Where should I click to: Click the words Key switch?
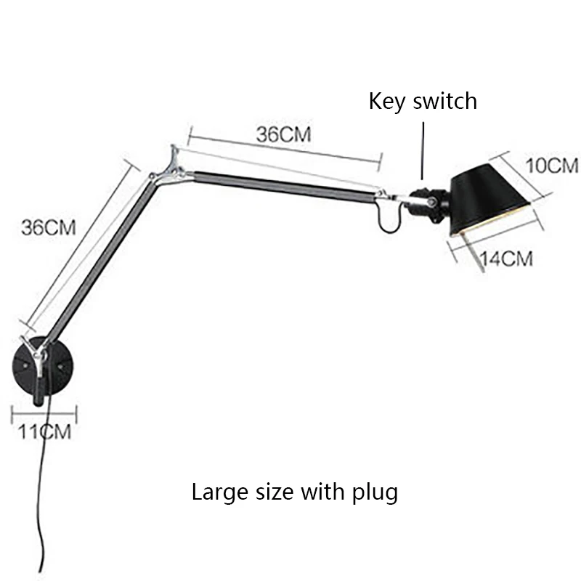click(x=423, y=100)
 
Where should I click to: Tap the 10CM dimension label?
click(x=552, y=166)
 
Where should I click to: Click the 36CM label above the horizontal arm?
click(x=283, y=134)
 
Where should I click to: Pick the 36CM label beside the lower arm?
click(x=49, y=227)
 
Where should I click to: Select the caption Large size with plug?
click(x=294, y=492)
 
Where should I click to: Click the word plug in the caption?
click(x=378, y=494)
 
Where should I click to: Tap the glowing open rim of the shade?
click(x=501, y=219)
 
